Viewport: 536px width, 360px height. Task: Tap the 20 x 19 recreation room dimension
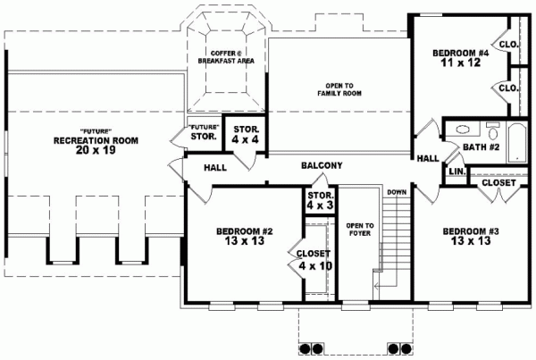point(96,150)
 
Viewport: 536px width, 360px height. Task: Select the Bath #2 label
point(482,147)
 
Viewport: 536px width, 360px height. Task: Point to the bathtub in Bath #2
point(517,143)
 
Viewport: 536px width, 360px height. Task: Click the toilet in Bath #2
point(492,130)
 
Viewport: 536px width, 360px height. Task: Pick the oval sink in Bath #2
point(463,130)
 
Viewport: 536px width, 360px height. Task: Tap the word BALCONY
point(322,165)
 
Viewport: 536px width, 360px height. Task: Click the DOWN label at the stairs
point(397,192)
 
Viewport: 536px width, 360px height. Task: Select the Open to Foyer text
point(360,230)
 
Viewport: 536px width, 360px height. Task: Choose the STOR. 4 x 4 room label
point(246,134)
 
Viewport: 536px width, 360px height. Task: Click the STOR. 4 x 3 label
point(321,200)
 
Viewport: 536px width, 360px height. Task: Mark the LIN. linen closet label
point(457,172)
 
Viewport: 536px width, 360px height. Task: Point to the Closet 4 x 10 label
point(314,260)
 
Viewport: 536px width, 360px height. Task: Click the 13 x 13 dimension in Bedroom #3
point(471,240)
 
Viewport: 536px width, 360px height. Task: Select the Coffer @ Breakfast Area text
point(226,57)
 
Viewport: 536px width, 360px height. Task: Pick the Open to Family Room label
point(339,89)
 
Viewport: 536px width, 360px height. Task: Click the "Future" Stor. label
point(204,132)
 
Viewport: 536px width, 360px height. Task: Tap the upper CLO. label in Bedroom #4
point(509,45)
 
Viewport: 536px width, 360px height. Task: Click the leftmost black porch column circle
point(305,348)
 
